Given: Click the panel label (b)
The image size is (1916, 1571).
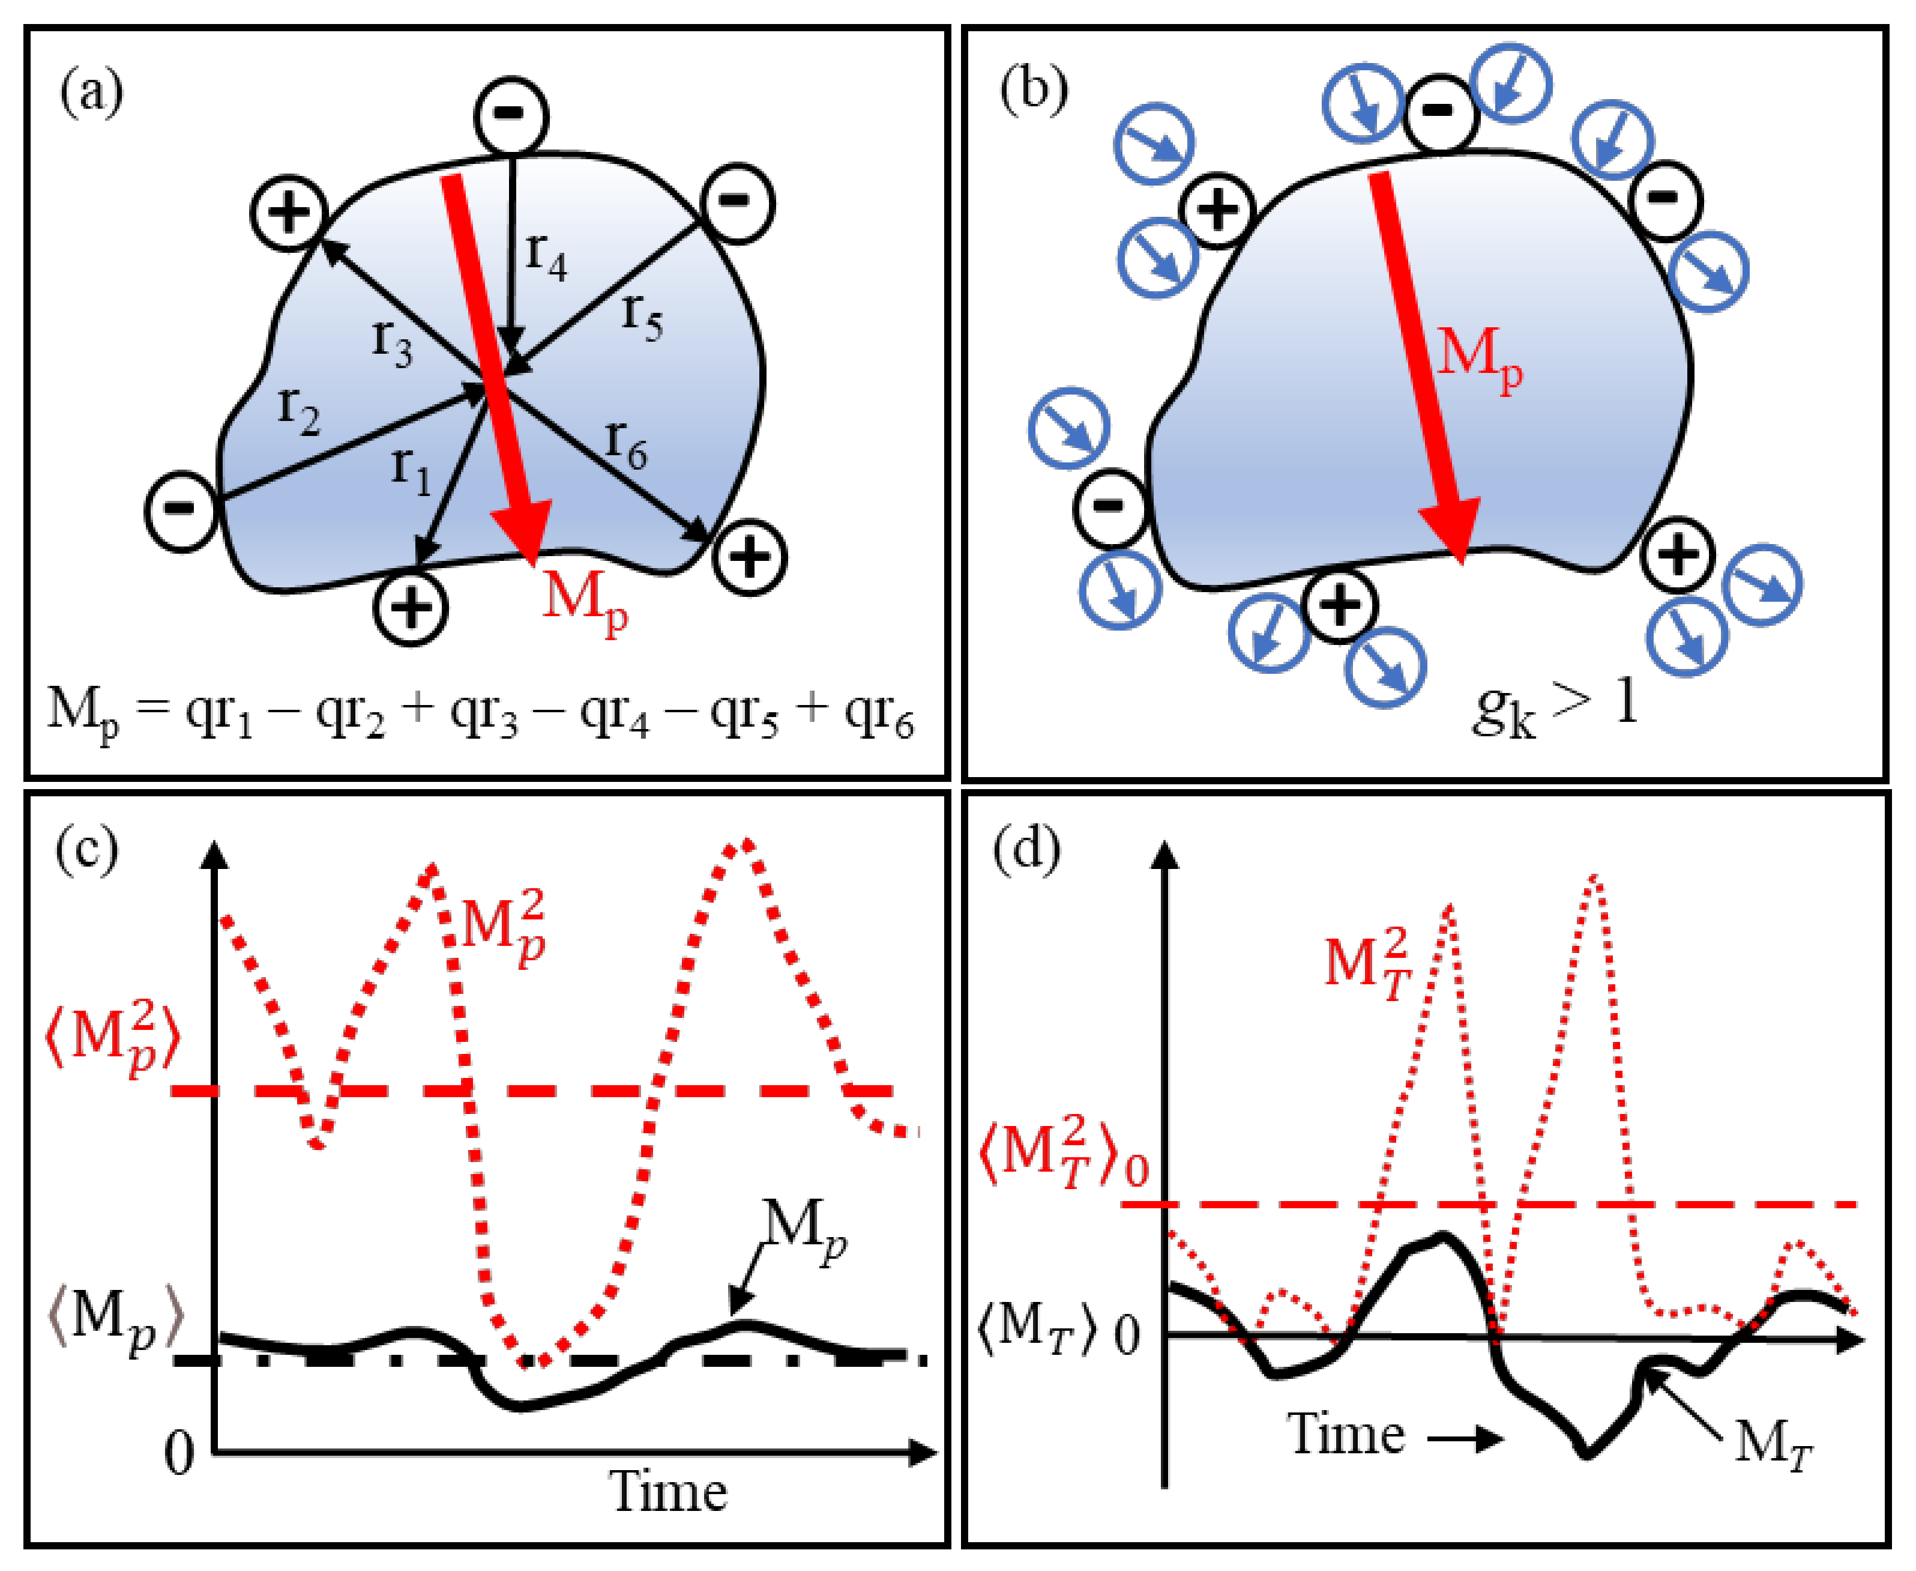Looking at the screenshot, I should [x=1033, y=91].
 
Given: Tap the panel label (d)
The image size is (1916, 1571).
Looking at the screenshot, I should [x=1027, y=850].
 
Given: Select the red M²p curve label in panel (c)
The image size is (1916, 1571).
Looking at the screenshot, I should [x=504, y=928].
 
